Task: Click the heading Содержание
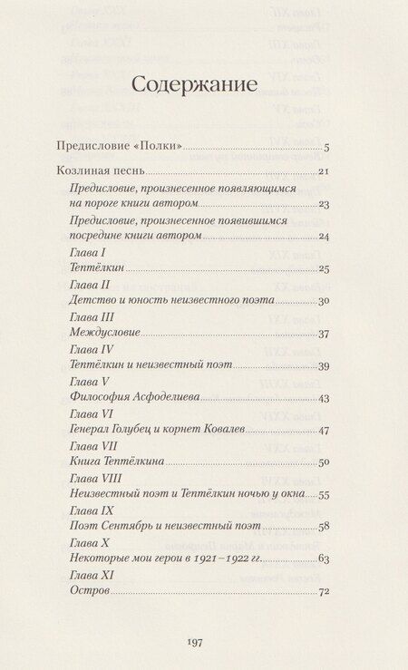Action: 195,85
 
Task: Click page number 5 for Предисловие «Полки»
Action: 326,148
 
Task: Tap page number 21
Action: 323,171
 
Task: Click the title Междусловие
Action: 104,333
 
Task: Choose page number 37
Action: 323,334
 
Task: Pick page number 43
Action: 323,398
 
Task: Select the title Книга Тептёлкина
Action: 116,461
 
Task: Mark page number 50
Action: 323,462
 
